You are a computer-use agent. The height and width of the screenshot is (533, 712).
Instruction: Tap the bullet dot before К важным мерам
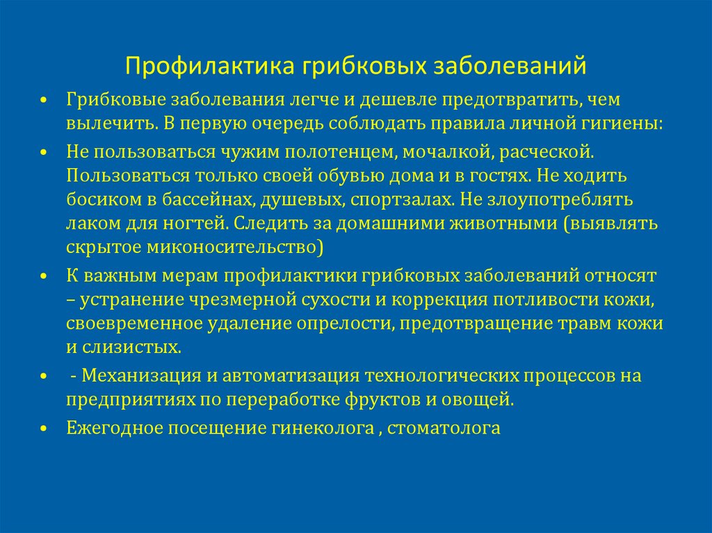[x=43, y=277]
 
